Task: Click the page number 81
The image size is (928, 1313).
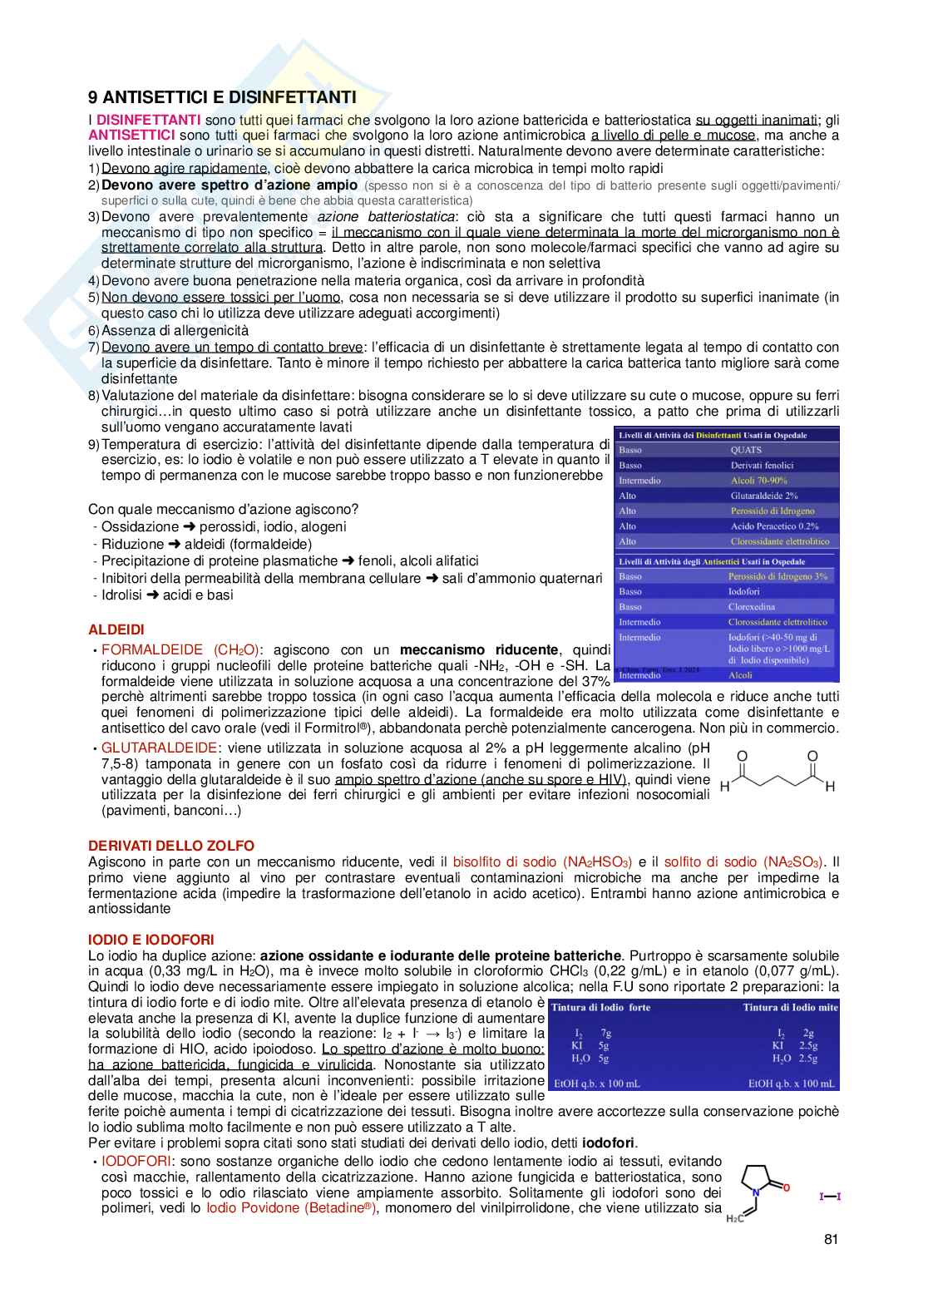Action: click(x=831, y=1239)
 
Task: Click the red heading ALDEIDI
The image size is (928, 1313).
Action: click(x=116, y=630)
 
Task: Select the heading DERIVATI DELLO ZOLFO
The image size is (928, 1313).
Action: click(x=171, y=846)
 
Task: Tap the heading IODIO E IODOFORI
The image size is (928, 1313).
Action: click(x=151, y=940)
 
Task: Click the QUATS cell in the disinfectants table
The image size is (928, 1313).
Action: click(x=746, y=450)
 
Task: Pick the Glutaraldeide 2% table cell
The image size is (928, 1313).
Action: click(x=763, y=496)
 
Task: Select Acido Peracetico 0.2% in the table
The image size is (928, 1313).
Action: click(x=774, y=526)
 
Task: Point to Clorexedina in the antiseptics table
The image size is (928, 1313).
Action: click(x=751, y=607)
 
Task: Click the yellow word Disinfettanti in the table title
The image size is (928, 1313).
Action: click(x=721, y=435)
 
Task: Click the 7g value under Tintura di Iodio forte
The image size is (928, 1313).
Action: click(x=606, y=1034)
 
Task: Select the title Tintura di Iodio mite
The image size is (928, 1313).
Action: click(x=790, y=1008)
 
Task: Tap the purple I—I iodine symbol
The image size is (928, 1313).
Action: click(x=830, y=1197)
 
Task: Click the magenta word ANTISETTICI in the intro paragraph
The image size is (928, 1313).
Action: click(x=131, y=136)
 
